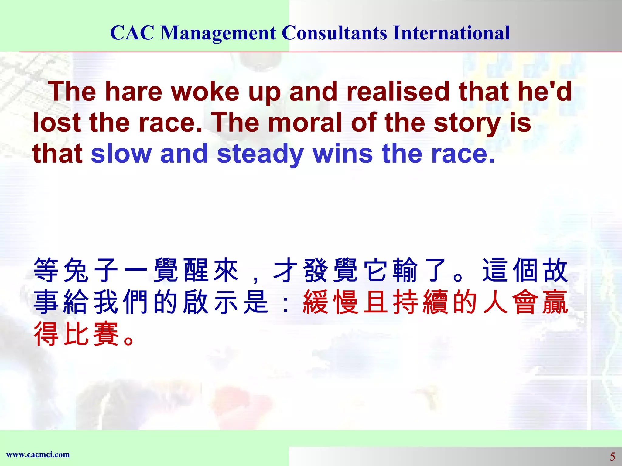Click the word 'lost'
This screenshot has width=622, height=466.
coord(56,123)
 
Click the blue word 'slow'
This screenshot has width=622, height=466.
coord(121,154)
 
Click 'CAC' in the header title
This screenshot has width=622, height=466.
coord(132,33)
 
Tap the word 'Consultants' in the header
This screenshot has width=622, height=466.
coord(334,33)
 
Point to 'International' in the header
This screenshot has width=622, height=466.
coord(451,33)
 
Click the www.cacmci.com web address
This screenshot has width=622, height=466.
coord(38,454)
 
